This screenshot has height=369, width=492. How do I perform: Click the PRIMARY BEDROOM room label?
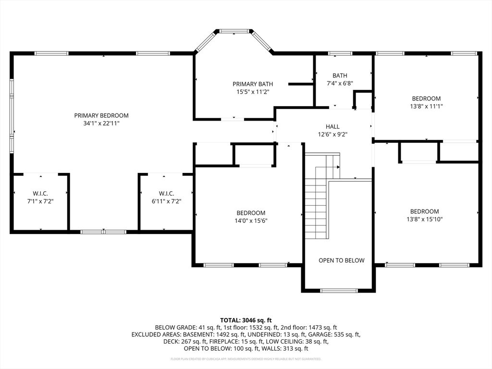pos(101,115)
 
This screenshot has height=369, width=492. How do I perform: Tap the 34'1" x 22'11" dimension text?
pos(101,123)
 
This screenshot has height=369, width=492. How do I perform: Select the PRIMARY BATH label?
pos(253,84)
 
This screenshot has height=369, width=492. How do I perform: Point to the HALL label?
pos(332,127)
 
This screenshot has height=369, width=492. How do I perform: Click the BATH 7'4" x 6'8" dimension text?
pos(340,84)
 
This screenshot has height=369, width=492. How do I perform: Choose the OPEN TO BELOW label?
pos(342,260)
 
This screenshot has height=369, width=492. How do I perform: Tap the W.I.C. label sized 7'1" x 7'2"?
pos(40,194)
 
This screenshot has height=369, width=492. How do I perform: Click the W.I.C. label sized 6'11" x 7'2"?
pos(166,194)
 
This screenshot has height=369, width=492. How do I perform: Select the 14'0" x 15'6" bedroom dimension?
pos(251,221)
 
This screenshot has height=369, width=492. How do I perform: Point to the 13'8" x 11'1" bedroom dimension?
pos(427,106)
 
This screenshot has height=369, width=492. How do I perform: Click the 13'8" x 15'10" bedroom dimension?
pos(425,219)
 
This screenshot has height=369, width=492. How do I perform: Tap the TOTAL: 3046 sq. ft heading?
pos(246,320)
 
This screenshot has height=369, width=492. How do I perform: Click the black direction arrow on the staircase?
pos(338,167)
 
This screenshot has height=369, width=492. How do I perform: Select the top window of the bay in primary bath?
pos(234,31)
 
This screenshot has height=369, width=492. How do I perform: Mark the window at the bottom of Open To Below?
pos(339,291)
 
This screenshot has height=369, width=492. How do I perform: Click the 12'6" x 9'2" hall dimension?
pos(332,135)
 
